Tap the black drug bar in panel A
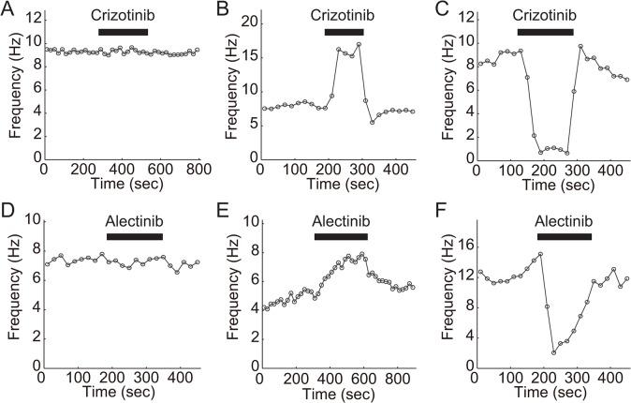pos(123,32)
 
